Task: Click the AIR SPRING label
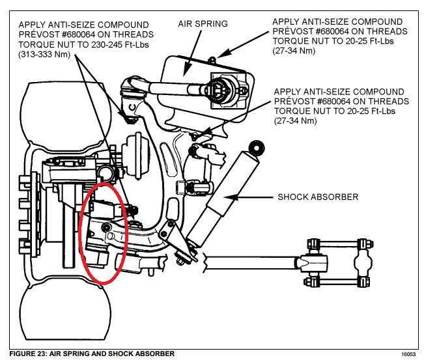point(203,24)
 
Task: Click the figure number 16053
point(408,354)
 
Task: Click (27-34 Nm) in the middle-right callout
point(298,121)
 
